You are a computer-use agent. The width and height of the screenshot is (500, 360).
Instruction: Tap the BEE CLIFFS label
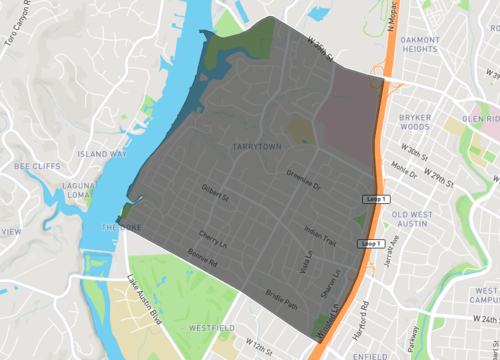[37, 166]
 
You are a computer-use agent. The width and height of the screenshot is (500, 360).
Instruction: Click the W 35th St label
[317, 47]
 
